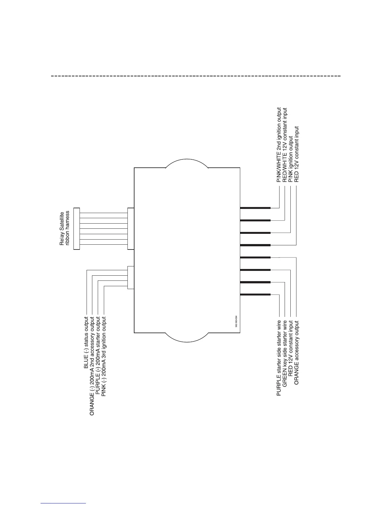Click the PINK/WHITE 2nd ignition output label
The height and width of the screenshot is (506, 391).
pyautogui.click(x=279, y=145)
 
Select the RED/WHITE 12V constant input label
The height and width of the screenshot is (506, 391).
pyautogui.click(x=285, y=145)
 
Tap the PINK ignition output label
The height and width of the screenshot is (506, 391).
pyautogui.click(x=290, y=159)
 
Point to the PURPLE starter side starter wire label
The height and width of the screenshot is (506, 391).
pyautogui.click(x=279, y=358)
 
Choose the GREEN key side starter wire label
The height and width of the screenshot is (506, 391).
pyautogui.click(x=285, y=354)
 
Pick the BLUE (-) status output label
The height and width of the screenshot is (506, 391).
pyautogui.click(x=86, y=343)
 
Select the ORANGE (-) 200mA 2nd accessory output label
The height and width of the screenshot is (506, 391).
pyautogui.click(x=92, y=366)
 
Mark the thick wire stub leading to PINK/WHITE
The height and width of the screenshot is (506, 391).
pyautogui.click(x=255, y=208)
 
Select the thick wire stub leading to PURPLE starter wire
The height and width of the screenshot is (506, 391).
pyautogui.click(x=255, y=294)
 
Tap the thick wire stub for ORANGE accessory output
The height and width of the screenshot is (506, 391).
pyautogui.click(x=255, y=257)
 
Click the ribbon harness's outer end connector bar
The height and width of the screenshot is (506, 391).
pyautogui.click(x=76, y=228)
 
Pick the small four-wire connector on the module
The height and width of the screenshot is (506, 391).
pyautogui.click(x=130, y=277)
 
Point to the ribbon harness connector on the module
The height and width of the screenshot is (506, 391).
pyautogui.click(x=130, y=228)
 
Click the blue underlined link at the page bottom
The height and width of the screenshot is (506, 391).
pyautogui.click(x=64, y=503)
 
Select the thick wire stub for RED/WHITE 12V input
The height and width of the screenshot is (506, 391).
pyautogui.click(x=255, y=220)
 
